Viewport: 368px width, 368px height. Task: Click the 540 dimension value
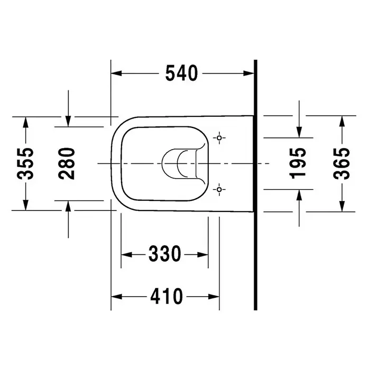[x=182, y=73]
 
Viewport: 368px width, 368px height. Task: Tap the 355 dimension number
[x=25, y=163]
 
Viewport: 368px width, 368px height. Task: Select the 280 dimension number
[x=67, y=163]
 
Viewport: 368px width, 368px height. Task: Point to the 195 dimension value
[x=298, y=163]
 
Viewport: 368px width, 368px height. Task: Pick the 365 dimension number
[x=342, y=163]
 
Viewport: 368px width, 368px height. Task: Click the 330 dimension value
[x=165, y=254]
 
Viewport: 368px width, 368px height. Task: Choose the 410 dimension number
[x=167, y=296]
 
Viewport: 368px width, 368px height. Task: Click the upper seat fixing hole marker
[x=219, y=138]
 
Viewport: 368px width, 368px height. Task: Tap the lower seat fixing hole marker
[x=219, y=189]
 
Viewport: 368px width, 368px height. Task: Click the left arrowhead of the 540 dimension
[x=116, y=73]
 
